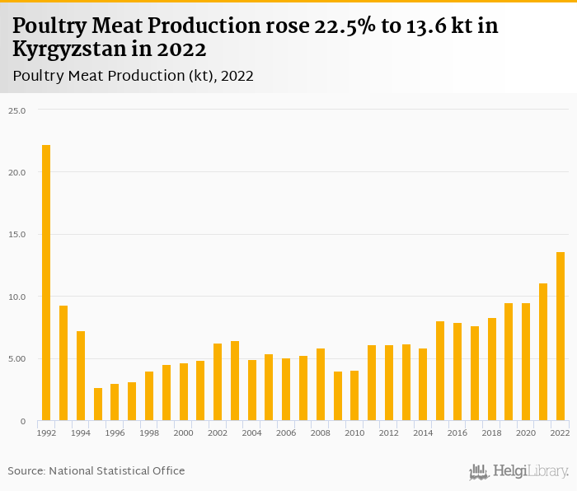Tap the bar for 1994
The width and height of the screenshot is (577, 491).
[81, 376]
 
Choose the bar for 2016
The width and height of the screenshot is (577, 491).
[457, 372]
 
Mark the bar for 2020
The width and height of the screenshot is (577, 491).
[526, 362]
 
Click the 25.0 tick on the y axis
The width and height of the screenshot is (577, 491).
[17, 110]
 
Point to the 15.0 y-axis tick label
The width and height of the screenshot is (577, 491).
[17, 234]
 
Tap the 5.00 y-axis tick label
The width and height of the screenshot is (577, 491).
[17, 358]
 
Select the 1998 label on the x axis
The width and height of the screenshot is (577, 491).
[149, 433]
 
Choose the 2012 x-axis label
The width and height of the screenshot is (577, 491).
[389, 433]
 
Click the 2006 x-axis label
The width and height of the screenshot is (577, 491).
[286, 433]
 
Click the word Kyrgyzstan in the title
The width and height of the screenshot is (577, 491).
[65, 49]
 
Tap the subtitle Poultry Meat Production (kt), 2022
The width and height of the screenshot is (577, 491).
[133, 76]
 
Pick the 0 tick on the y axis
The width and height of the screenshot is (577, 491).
[23, 421]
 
